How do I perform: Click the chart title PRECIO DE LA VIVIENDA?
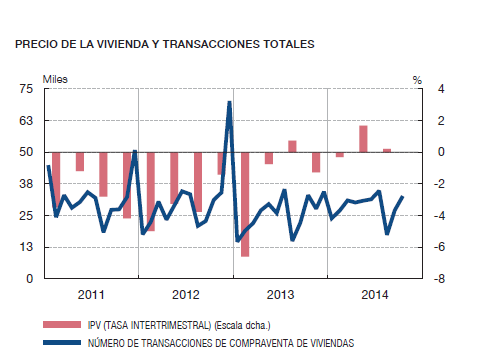[x=164, y=44]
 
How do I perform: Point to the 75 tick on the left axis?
[x=26, y=89]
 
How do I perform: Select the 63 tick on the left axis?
[x=26, y=120]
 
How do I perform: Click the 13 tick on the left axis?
[x=26, y=247]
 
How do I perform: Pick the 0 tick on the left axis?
[x=29, y=279]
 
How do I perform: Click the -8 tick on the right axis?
[x=426, y=279]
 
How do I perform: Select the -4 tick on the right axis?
[x=426, y=215]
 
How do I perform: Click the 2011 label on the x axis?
[x=90, y=295]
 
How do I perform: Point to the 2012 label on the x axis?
[x=186, y=295]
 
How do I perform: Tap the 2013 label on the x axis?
[x=281, y=295]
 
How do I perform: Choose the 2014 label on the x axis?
[x=375, y=295]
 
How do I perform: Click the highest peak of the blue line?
[x=229, y=103]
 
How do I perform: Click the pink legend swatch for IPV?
[x=63, y=325]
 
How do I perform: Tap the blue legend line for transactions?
[x=63, y=341]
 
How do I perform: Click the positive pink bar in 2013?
[x=292, y=146]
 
